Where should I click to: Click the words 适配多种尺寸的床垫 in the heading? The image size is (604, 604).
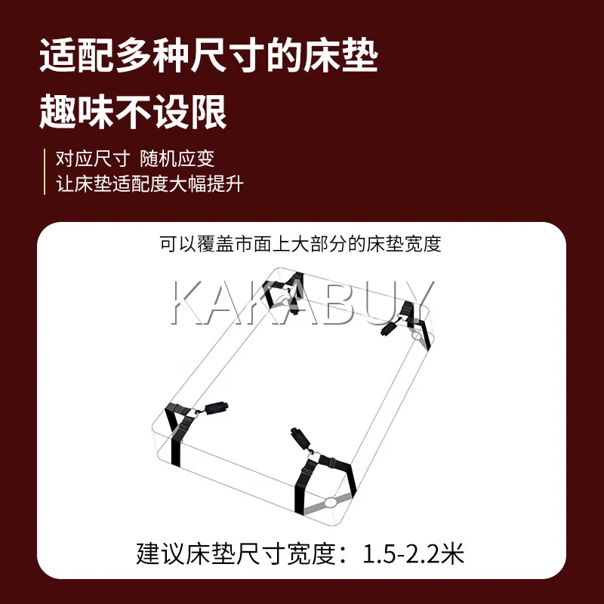pos(208,57)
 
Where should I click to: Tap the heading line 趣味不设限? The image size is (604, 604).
pos(133,112)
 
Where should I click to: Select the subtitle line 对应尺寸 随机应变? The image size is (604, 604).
pos(135,159)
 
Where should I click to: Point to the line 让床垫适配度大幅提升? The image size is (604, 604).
pos(149,183)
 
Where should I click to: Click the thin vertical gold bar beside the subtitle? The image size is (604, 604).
pos(45,171)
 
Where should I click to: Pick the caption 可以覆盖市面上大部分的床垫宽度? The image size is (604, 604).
pos(300,244)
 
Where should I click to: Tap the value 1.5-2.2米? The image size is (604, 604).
pos(413,553)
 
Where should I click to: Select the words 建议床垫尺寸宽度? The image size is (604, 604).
pos(236,553)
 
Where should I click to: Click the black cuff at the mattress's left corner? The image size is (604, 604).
pos(217,408)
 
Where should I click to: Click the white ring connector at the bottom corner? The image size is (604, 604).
pos(331,502)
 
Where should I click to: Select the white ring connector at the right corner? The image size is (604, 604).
pos(418,336)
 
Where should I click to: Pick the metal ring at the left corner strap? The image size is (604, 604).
pos(197,413)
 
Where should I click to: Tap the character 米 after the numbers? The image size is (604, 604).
pos(453,553)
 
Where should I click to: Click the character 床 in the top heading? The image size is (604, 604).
pos(322,57)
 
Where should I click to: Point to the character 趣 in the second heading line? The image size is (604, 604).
pos(57,112)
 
